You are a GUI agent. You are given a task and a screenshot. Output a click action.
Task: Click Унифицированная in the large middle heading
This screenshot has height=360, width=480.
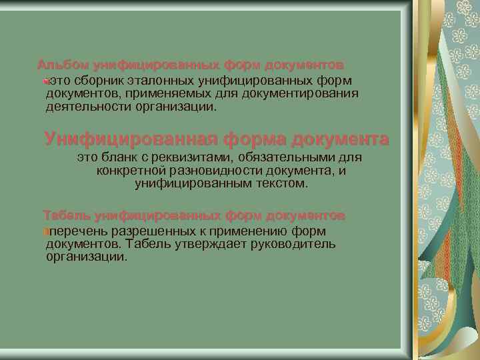click(131, 139)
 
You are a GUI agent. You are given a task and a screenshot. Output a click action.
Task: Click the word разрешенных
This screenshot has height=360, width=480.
click(147, 231)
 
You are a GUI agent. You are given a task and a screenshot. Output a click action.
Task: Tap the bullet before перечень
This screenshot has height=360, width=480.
click(44, 232)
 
